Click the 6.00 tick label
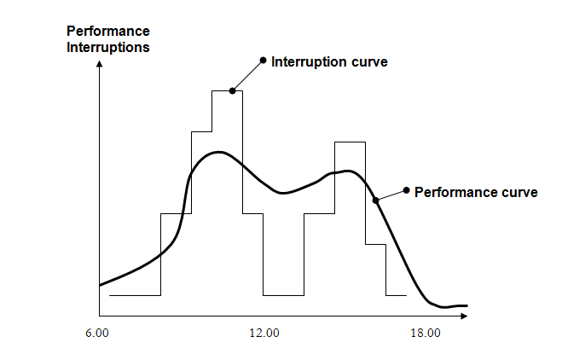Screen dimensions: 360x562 [97, 334]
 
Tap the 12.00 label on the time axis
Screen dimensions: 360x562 [264, 334]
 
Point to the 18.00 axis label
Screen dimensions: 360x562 [425, 334]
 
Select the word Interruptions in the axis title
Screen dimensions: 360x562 [108, 47]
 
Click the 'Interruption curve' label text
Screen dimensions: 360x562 [329, 61]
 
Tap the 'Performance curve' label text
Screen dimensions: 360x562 [476, 192]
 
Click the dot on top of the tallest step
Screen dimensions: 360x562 [232, 90]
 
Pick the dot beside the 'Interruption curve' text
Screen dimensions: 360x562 [262, 61]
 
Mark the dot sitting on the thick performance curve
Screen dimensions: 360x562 [375, 201]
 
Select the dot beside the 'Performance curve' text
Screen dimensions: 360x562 [406, 189]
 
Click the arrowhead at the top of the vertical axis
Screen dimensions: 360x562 [101, 66]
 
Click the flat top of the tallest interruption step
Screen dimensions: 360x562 [227, 90]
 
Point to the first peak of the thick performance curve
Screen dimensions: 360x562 [220, 153]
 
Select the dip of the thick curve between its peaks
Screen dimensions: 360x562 [281, 193]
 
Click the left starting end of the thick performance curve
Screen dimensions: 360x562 [101, 285]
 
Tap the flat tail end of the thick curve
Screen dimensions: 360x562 [461, 305]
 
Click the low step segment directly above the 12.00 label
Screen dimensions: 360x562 [283, 296]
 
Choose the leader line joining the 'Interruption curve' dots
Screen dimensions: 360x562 [247, 75]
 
